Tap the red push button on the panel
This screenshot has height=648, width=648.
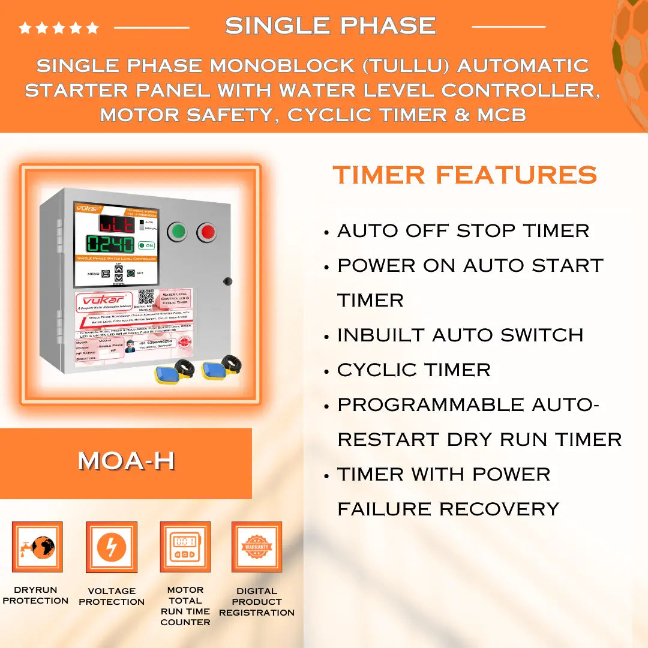click(x=207, y=232)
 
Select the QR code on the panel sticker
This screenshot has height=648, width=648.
click(x=145, y=297)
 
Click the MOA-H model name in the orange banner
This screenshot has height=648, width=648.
click(x=126, y=461)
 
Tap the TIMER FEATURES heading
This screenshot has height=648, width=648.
click(x=465, y=175)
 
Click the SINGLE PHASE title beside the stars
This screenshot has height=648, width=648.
click(x=330, y=26)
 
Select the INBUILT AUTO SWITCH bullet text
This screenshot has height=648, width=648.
click(x=460, y=335)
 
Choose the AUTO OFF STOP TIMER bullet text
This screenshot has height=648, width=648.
click(x=463, y=230)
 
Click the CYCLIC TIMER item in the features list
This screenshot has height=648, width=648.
click(x=414, y=370)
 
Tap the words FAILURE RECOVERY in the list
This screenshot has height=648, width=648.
click(x=448, y=509)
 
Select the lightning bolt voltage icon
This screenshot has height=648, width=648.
click(x=112, y=547)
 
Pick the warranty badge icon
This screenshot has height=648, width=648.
click(x=257, y=547)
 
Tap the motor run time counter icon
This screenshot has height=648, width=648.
click(x=185, y=547)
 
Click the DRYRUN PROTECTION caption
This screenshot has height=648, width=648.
click(x=36, y=595)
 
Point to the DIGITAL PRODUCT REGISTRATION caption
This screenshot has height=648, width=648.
click(x=257, y=602)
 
